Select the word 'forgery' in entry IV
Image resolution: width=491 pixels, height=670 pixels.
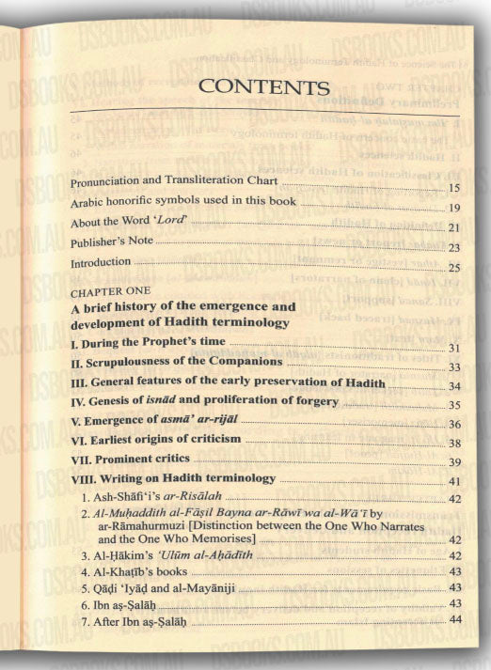click(x=312, y=403)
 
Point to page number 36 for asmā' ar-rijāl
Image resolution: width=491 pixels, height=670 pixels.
click(x=452, y=425)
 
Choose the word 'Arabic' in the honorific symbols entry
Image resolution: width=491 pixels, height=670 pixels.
click(x=90, y=202)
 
